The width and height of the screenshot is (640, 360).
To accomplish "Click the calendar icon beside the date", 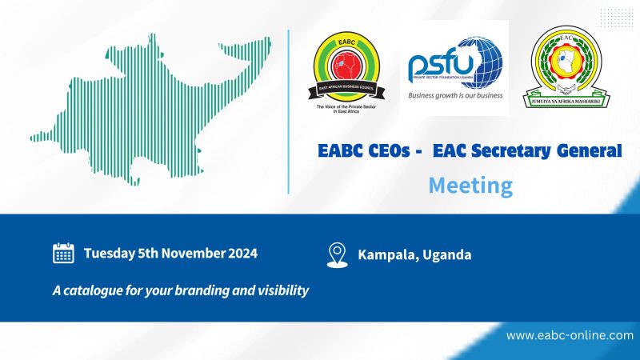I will click(63, 254).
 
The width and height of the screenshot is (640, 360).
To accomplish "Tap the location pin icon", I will click(338, 254).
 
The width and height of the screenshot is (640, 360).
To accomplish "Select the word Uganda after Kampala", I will click(446, 255).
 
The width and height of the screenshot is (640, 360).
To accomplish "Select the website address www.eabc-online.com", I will click(570, 335).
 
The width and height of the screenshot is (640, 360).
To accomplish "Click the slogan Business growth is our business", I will click(454, 94).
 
